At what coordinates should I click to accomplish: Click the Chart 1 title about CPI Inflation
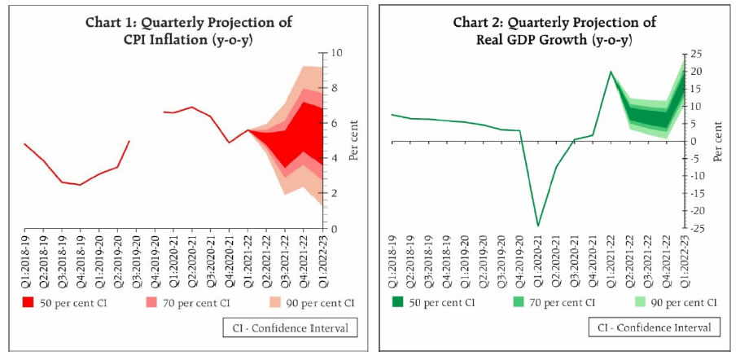tap(189, 29)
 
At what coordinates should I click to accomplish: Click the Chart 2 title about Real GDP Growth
tap(555, 29)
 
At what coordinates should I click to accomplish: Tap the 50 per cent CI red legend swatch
tap(28, 302)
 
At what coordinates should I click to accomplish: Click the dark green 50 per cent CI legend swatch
tap(398, 302)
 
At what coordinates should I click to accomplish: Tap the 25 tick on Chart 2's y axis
tap(697, 54)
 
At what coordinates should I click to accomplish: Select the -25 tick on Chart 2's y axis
tap(697, 228)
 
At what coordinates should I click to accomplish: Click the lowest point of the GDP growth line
tap(538, 226)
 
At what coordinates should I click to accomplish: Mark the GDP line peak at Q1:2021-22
tap(611, 72)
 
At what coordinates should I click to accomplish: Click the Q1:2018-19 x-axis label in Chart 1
tap(25, 257)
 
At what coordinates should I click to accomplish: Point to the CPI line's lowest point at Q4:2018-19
tap(80, 185)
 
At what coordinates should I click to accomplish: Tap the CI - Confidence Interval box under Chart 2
tap(654, 327)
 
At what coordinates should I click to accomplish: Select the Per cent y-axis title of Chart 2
tap(717, 141)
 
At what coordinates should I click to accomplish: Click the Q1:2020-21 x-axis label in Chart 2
tap(538, 257)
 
